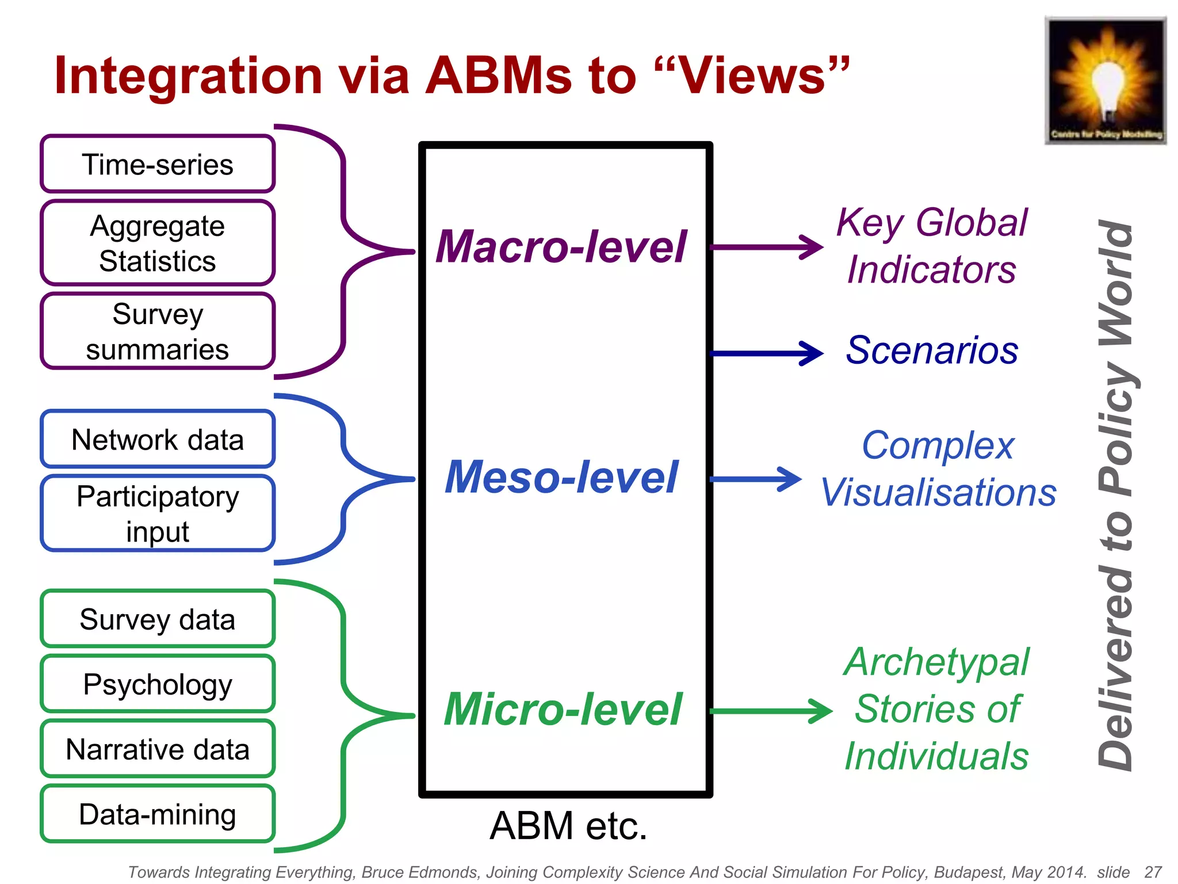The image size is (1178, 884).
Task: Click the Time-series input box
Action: tap(157, 164)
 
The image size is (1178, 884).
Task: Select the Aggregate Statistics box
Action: tap(157, 243)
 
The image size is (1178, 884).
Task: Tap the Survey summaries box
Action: tap(157, 331)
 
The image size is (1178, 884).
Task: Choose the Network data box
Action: tap(157, 439)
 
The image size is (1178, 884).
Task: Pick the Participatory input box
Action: tap(157, 513)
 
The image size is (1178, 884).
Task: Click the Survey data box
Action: tap(157, 619)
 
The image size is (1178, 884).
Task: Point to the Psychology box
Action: tap(157, 684)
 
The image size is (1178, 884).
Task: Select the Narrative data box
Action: tap(157, 749)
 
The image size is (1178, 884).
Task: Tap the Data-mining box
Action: tap(157, 814)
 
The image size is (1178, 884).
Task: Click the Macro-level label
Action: tap(561, 246)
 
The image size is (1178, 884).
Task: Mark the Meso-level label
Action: tap(561, 477)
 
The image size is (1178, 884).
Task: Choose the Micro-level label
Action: tap(563, 709)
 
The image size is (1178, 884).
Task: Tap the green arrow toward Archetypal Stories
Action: tap(771, 711)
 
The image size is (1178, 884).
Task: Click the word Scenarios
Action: tap(932, 350)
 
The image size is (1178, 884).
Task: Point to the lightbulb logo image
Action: tap(1106, 81)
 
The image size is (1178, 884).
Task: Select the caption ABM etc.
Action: tap(568, 825)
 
